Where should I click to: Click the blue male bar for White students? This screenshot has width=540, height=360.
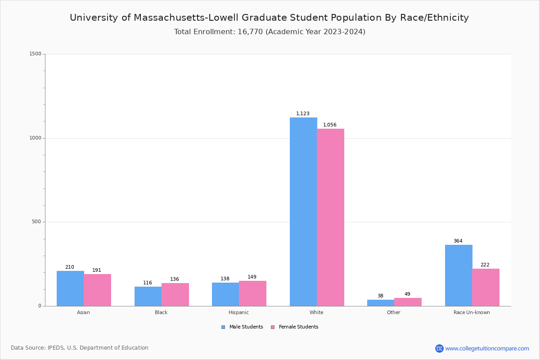pyautogui.click(x=303, y=211)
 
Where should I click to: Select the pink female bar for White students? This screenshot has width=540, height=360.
pyautogui.click(x=330, y=217)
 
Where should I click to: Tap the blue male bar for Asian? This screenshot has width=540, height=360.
pyautogui.click(x=70, y=288)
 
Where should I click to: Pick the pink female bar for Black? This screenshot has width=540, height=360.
pyautogui.click(x=175, y=295)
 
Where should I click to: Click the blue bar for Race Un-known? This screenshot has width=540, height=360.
pyautogui.click(x=459, y=275)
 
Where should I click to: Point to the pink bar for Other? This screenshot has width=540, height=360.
pyautogui.click(x=408, y=302)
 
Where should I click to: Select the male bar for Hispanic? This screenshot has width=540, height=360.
pyautogui.click(x=225, y=294)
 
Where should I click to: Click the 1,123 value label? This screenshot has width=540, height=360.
pyautogui.click(x=303, y=114)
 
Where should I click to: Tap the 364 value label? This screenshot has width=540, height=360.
pyautogui.click(x=458, y=241)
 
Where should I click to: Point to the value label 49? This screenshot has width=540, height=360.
pyautogui.click(x=407, y=294)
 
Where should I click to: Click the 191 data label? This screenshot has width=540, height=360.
pyautogui.click(x=97, y=270)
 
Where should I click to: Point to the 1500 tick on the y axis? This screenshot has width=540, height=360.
pyautogui.click(x=36, y=54)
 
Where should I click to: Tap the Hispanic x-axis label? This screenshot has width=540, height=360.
pyautogui.click(x=238, y=312)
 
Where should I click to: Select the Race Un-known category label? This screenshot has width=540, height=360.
pyautogui.click(x=472, y=312)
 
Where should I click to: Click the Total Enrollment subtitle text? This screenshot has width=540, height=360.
pyautogui.click(x=270, y=32)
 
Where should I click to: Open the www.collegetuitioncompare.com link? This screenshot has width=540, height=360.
pyautogui.click(x=487, y=348)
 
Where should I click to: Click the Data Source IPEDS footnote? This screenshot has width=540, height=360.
pyautogui.click(x=80, y=348)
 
